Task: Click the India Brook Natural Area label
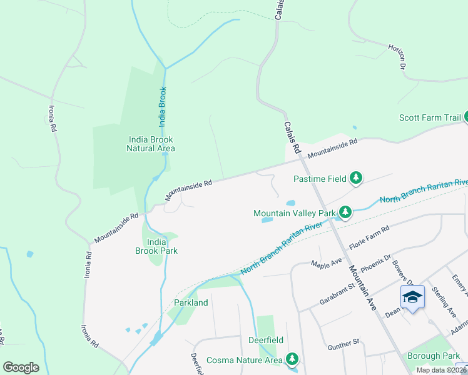point(150,144)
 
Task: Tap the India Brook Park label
point(156,246)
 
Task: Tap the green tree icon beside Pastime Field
point(356,179)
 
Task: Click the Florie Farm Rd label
point(369,238)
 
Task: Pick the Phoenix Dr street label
point(375,262)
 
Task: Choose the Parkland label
point(190,302)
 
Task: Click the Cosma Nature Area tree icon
point(292,359)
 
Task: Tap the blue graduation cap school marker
point(412,296)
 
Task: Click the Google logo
point(21,367)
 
